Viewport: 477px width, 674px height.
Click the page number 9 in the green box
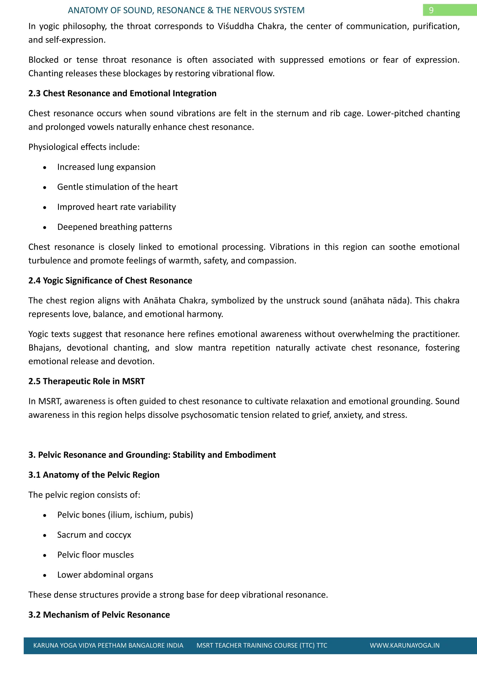431,10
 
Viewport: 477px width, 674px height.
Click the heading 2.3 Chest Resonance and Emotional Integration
122,93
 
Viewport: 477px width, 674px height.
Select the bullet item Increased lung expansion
106,167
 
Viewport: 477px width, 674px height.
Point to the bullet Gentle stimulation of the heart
117,187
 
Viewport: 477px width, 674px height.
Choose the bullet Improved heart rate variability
116,207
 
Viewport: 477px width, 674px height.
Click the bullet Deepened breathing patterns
115,227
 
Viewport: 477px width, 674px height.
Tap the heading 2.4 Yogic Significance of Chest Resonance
110,281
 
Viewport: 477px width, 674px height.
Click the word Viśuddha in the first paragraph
235,27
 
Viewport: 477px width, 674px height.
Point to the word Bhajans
44,348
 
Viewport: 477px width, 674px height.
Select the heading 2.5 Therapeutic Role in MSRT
87,381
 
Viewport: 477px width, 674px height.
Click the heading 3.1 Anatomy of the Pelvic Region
94,475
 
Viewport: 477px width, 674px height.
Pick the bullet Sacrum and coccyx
94,535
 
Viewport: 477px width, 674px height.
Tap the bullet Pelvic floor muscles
95,555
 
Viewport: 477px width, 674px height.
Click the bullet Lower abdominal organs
105,575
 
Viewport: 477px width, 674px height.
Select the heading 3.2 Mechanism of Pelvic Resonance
99,615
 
